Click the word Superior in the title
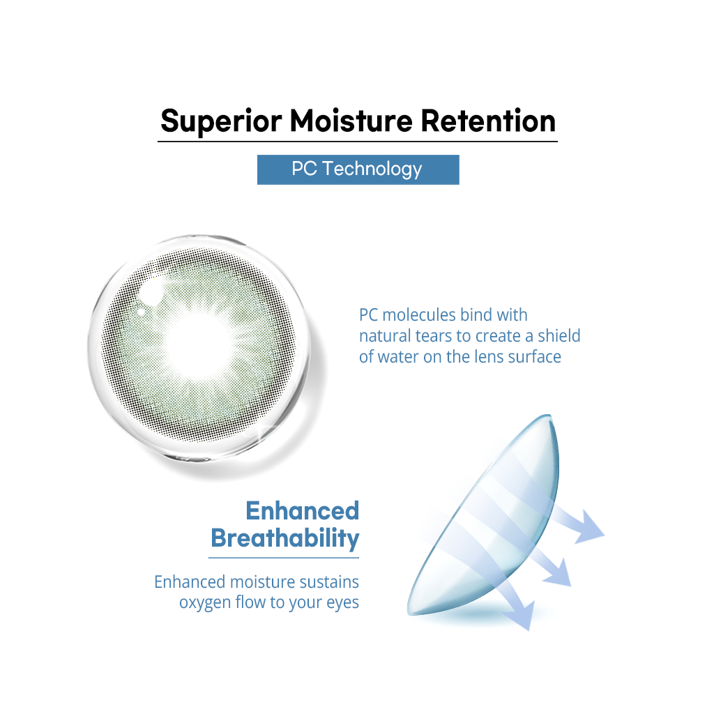click(221, 121)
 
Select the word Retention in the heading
click(488, 121)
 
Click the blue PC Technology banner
click(358, 169)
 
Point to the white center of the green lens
click(199, 344)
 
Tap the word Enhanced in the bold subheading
click(303, 510)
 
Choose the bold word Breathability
click(285, 539)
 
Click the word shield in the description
click(559, 335)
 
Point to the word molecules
click(419, 314)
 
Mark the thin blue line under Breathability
click(284, 557)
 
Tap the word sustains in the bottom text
click(327, 582)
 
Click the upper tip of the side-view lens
click(549, 416)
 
